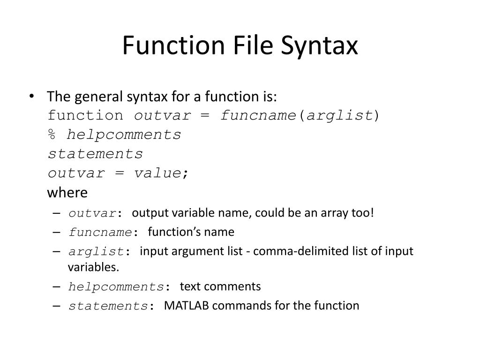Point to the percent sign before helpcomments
point(52,135)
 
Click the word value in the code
point(157,173)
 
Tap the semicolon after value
point(186,173)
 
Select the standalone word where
point(67,193)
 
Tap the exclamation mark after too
point(373,213)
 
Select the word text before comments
point(190,286)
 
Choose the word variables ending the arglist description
point(93,267)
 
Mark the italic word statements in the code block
point(96,154)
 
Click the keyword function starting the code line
point(86,116)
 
